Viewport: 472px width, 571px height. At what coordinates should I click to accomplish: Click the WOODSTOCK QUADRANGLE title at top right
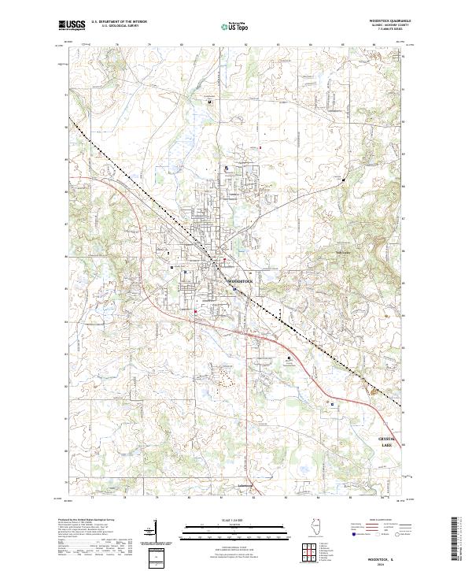(390, 21)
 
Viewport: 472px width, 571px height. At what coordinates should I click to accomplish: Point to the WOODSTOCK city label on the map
(242, 280)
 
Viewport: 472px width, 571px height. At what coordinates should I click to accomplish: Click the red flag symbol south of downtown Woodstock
(195, 313)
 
